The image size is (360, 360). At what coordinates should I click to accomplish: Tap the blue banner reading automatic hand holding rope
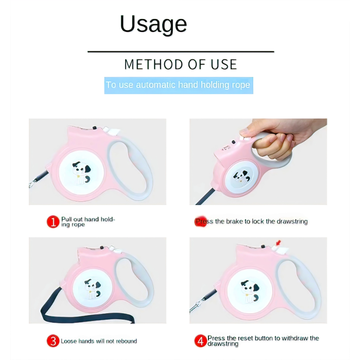point(179,85)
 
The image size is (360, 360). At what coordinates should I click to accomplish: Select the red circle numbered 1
point(53,222)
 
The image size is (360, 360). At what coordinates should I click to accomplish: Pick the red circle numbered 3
point(53,341)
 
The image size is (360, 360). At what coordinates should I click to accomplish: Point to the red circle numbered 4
point(201,341)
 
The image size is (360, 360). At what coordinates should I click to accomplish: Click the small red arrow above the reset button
point(278,243)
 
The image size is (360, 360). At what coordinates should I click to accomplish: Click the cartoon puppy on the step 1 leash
point(81,173)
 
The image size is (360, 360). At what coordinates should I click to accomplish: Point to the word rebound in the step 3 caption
point(127,341)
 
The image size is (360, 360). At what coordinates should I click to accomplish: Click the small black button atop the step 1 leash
point(94,127)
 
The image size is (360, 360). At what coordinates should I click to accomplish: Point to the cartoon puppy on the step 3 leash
point(92,289)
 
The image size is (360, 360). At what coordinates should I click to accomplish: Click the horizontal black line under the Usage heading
point(181,52)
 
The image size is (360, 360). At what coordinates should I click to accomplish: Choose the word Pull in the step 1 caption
point(67,219)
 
